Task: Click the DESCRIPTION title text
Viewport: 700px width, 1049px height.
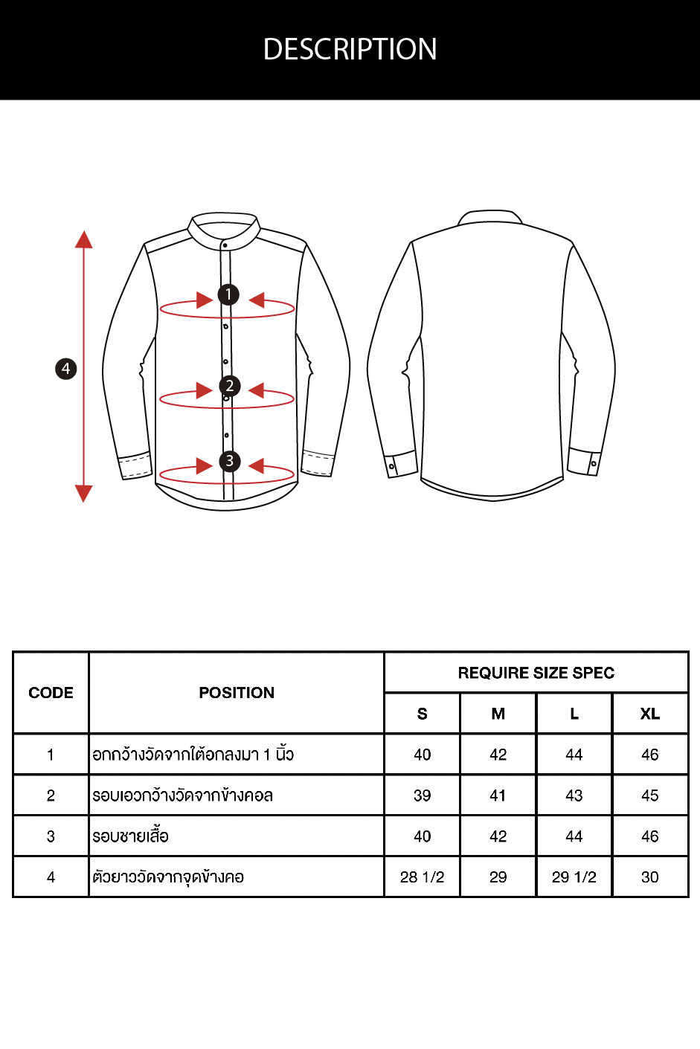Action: click(350, 49)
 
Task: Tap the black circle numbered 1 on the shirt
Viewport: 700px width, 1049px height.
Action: click(228, 294)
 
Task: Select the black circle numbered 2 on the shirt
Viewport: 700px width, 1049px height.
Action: click(230, 386)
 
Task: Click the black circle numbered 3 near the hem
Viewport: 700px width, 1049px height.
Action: click(230, 461)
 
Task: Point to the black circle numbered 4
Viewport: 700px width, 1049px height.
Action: click(66, 369)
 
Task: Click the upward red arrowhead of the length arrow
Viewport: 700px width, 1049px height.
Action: click(84, 239)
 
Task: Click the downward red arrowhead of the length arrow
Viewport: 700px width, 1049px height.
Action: click(84, 494)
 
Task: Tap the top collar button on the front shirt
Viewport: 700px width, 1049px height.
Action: click(225, 245)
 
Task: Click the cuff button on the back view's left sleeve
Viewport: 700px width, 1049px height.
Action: click(392, 466)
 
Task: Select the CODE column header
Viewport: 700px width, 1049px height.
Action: click(51, 693)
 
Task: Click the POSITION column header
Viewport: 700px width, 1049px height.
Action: click(237, 693)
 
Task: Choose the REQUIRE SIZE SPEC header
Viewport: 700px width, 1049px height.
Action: click(536, 673)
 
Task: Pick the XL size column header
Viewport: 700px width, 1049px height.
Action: click(650, 714)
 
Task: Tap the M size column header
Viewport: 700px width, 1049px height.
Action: click(498, 714)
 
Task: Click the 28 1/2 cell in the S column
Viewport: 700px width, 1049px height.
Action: click(422, 877)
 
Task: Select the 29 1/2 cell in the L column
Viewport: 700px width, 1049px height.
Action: click(574, 877)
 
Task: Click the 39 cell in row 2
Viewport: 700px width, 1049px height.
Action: click(422, 795)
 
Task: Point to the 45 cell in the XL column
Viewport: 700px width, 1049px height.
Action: click(650, 795)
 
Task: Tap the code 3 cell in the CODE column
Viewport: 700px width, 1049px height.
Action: click(51, 836)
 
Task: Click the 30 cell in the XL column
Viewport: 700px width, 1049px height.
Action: click(650, 877)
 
